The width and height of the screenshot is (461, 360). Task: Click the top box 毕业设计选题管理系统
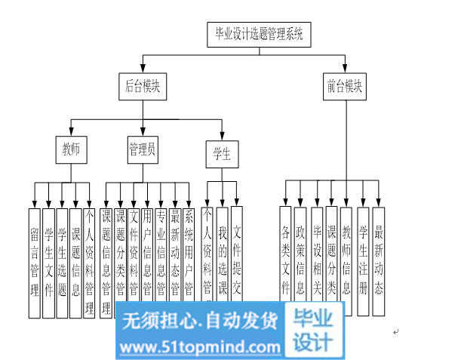coord(259,34)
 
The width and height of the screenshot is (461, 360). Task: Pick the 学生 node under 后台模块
coord(222,155)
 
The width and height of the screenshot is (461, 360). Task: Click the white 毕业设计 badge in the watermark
coord(312,331)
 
